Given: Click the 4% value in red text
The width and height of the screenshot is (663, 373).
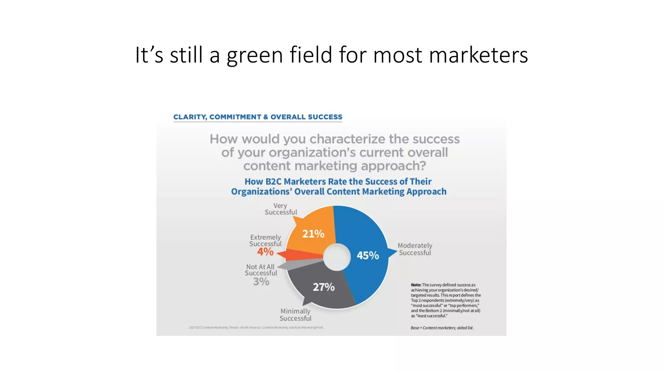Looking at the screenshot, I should point(265,252).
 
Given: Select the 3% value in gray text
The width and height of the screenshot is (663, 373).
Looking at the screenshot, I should point(261,282).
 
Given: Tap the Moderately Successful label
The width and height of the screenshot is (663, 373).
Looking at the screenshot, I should point(415,249).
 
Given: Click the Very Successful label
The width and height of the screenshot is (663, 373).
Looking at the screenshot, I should point(281,209).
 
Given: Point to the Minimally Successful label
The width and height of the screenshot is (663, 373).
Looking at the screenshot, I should point(295,315).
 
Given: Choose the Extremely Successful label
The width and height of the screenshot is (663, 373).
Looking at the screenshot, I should point(265,240).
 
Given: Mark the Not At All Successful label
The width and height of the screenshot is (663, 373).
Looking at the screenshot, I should point(261,270).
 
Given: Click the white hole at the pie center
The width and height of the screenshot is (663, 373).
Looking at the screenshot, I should point(337,257).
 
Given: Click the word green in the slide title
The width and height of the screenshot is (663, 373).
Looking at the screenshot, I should point(254,55).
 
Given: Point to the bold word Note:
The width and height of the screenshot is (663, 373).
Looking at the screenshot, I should point(416,285).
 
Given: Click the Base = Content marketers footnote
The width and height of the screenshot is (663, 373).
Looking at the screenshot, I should point(442,328).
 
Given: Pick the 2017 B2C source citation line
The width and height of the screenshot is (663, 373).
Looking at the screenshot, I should point(256,327).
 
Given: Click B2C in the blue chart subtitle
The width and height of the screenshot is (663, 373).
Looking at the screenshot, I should point(273,181).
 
